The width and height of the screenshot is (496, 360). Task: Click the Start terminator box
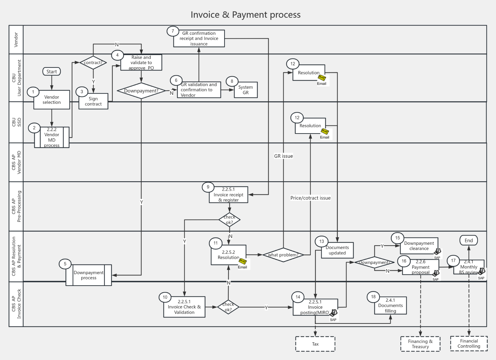point(52,72)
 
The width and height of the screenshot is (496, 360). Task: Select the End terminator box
point(468,240)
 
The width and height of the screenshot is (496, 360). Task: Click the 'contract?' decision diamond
point(93,63)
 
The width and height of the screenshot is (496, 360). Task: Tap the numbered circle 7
point(173,31)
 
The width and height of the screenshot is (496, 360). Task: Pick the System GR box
point(245,90)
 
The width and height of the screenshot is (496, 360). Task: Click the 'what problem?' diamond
point(283,255)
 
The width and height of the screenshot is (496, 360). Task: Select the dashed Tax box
point(315,344)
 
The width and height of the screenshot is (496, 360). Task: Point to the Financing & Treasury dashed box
point(420,344)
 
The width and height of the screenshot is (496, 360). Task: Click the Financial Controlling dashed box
point(469,343)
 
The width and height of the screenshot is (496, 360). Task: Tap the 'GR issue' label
point(283,156)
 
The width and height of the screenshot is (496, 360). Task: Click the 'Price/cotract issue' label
point(310,198)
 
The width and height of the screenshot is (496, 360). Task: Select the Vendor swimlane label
point(16,40)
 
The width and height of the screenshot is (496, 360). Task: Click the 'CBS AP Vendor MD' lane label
point(16,162)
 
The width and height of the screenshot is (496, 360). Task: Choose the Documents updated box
point(337,250)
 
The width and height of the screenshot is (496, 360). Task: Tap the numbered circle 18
point(373,297)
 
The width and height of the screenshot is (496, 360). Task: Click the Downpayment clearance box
point(419,246)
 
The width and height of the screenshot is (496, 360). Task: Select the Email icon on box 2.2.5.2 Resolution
point(242,262)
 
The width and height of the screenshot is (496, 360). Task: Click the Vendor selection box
point(52,100)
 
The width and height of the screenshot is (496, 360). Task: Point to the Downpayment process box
point(89,275)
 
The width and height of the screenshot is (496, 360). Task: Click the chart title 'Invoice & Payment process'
point(245,15)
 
